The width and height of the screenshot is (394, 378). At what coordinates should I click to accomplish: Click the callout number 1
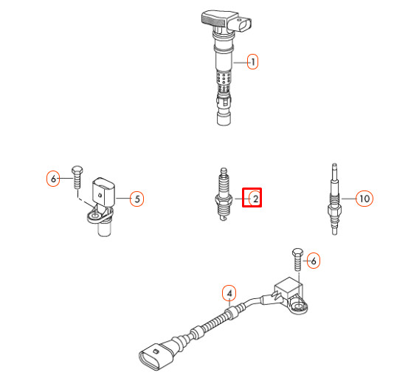(x=252, y=62)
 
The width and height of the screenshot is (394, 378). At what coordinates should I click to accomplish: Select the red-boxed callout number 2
(x=253, y=198)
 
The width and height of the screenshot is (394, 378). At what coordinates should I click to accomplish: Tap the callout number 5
(x=136, y=198)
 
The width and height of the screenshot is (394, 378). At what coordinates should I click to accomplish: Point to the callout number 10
(x=363, y=198)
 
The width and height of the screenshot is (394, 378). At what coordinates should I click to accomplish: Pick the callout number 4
(x=229, y=293)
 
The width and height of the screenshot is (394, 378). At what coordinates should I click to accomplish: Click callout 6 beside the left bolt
(x=52, y=178)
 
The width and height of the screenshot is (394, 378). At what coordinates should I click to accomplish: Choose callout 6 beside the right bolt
(x=312, y=260)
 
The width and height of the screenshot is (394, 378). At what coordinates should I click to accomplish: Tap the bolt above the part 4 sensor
(x=297, y=260)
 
